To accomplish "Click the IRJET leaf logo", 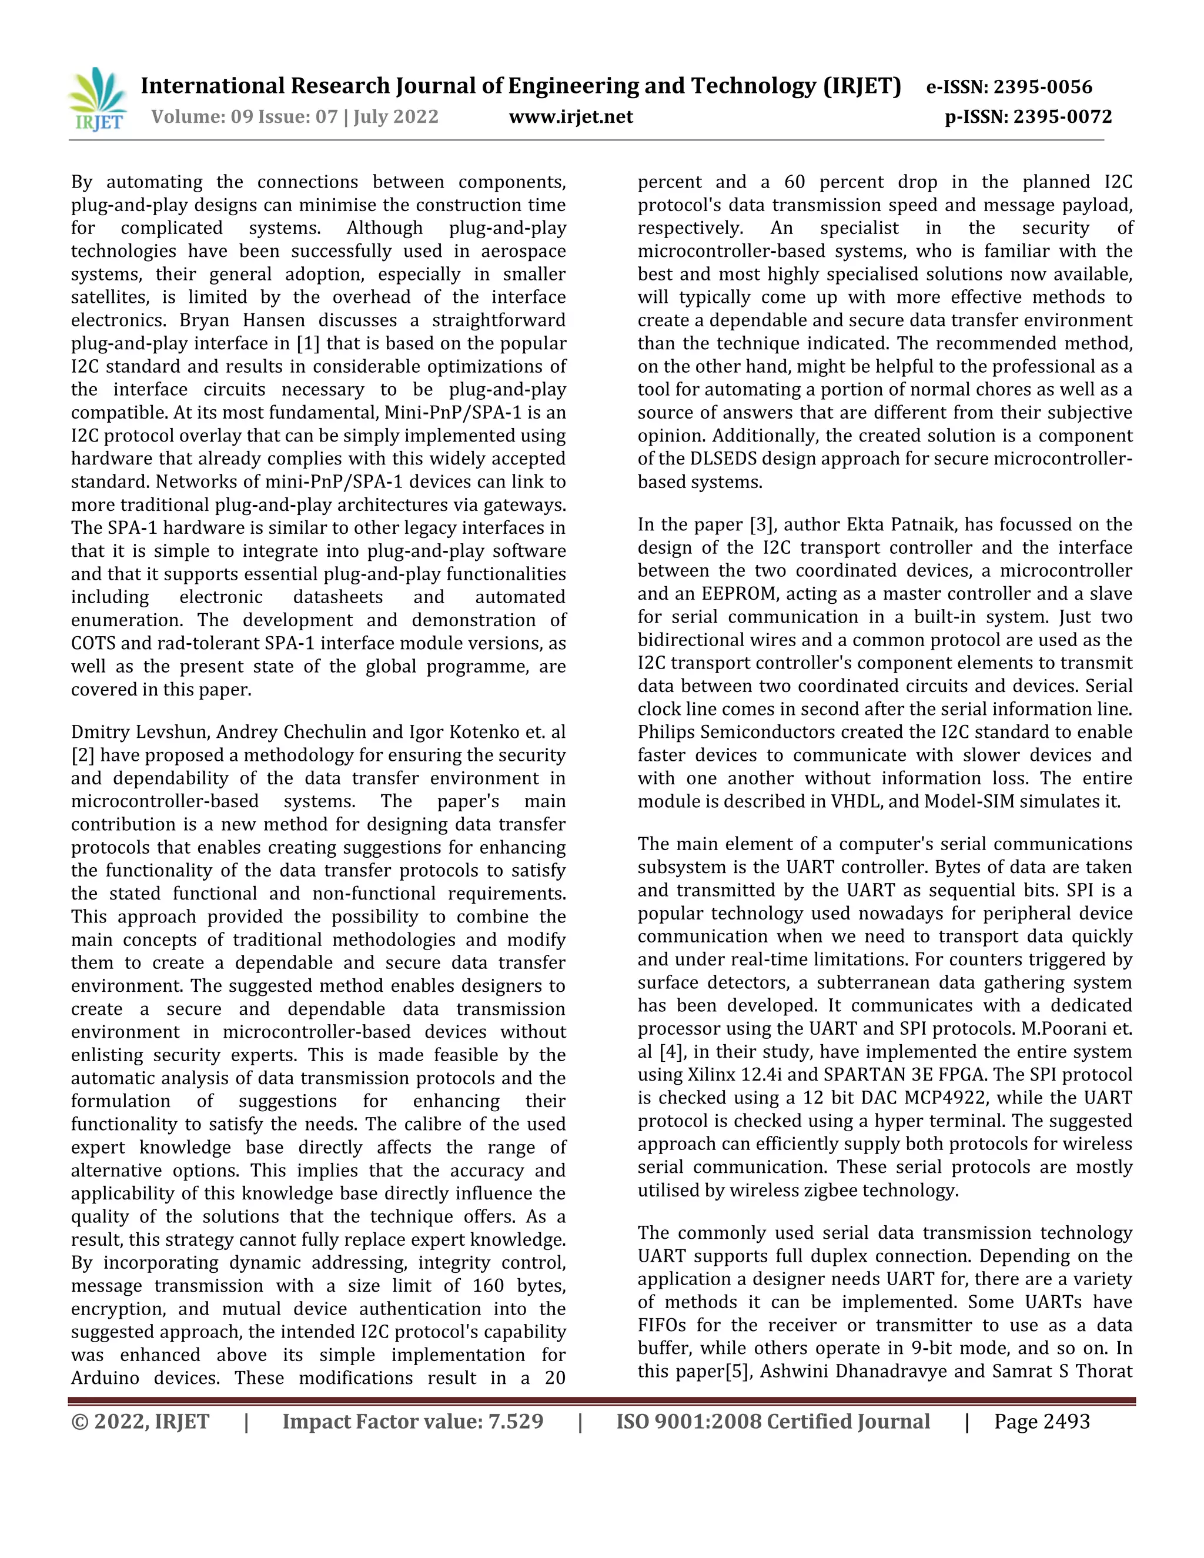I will coord(98,98).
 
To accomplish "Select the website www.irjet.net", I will coord(571,116).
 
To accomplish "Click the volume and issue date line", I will coord(295,116).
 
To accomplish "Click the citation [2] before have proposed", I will coord(83,755).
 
